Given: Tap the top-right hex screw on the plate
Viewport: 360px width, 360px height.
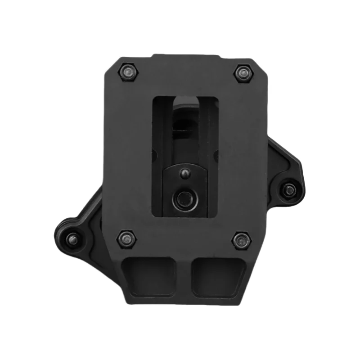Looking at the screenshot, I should coord(243,73).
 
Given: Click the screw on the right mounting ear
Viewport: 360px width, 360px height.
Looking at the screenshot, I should coord(290,190).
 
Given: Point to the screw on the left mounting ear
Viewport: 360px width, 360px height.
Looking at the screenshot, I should coord(72,238).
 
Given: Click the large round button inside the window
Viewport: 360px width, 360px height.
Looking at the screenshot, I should coord(184,198).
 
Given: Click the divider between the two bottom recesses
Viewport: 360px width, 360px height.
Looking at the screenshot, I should coord(185,275).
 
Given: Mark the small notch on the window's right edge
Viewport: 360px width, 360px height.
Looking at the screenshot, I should coord(217,155).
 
